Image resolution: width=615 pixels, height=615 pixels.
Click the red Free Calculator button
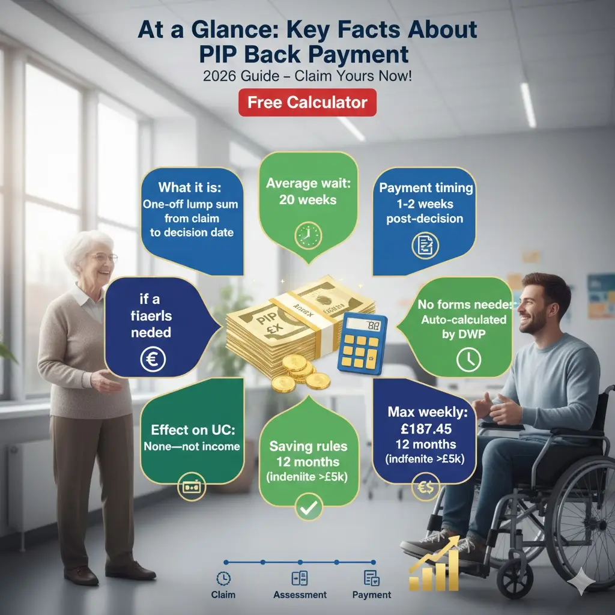tap(307, 102)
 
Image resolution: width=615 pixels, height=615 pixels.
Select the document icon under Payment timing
tap(425, 244)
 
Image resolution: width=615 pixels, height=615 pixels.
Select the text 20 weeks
tap(308, 199)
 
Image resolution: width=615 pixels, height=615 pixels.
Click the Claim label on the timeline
tap(223, 595)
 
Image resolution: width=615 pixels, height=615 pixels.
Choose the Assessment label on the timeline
tap(300, 595)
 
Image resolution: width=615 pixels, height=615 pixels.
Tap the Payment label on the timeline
tap(372, 595)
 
